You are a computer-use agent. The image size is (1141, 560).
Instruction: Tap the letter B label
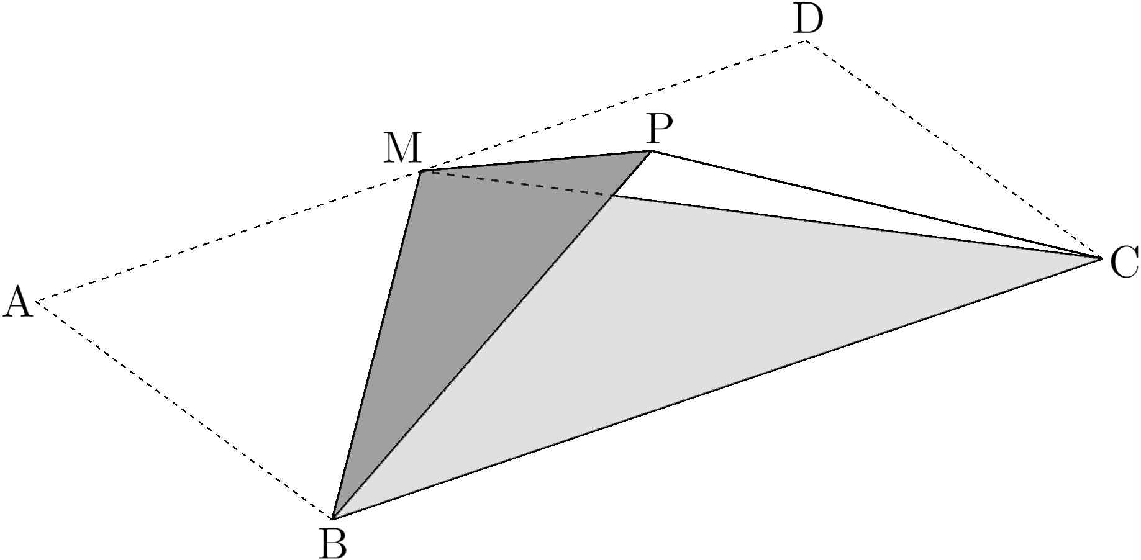click(x=332, y=543)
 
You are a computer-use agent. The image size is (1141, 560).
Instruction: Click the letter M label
click(x=402, y=149)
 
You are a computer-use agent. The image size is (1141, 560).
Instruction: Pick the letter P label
click(x=659, y=129)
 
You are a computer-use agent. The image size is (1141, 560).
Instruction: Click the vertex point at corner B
click(x=334, y=518)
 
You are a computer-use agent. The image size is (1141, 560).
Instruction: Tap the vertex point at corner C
click(x=1101, y=257)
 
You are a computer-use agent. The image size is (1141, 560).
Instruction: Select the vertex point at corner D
click(x=806, y=41)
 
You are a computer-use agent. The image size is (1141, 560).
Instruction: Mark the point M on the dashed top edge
click(x=421, y=171)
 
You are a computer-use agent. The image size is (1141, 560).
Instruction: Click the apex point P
click(x=651, y=151)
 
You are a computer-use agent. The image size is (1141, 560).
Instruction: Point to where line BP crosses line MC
click(x=612, y=196)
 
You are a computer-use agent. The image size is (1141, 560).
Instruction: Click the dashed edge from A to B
click(x=185, y=410)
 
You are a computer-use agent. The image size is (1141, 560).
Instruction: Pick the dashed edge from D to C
click(x=953, y=149)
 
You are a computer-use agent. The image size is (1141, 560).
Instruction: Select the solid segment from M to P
click(x=536, y=161)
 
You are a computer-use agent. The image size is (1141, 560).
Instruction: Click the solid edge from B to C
click(x=717, y=387)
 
